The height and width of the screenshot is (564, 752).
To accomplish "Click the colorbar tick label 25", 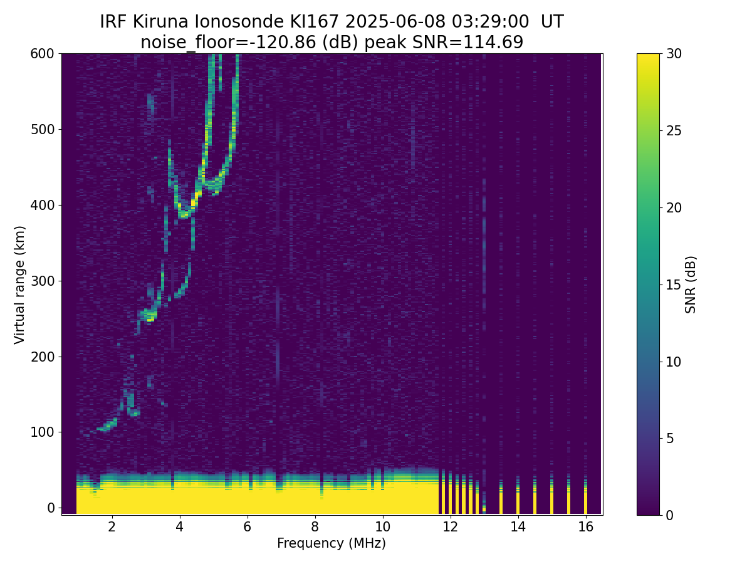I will click(675, 130).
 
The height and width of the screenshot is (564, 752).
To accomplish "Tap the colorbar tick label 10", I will click(675, 362).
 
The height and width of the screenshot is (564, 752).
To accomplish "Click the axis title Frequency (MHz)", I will click(332, 543).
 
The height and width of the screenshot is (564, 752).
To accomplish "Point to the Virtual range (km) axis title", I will click(20, 285).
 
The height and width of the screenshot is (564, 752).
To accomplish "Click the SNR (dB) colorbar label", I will click(691, 285).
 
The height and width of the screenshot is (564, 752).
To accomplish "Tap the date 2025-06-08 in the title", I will click(397, 22).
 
